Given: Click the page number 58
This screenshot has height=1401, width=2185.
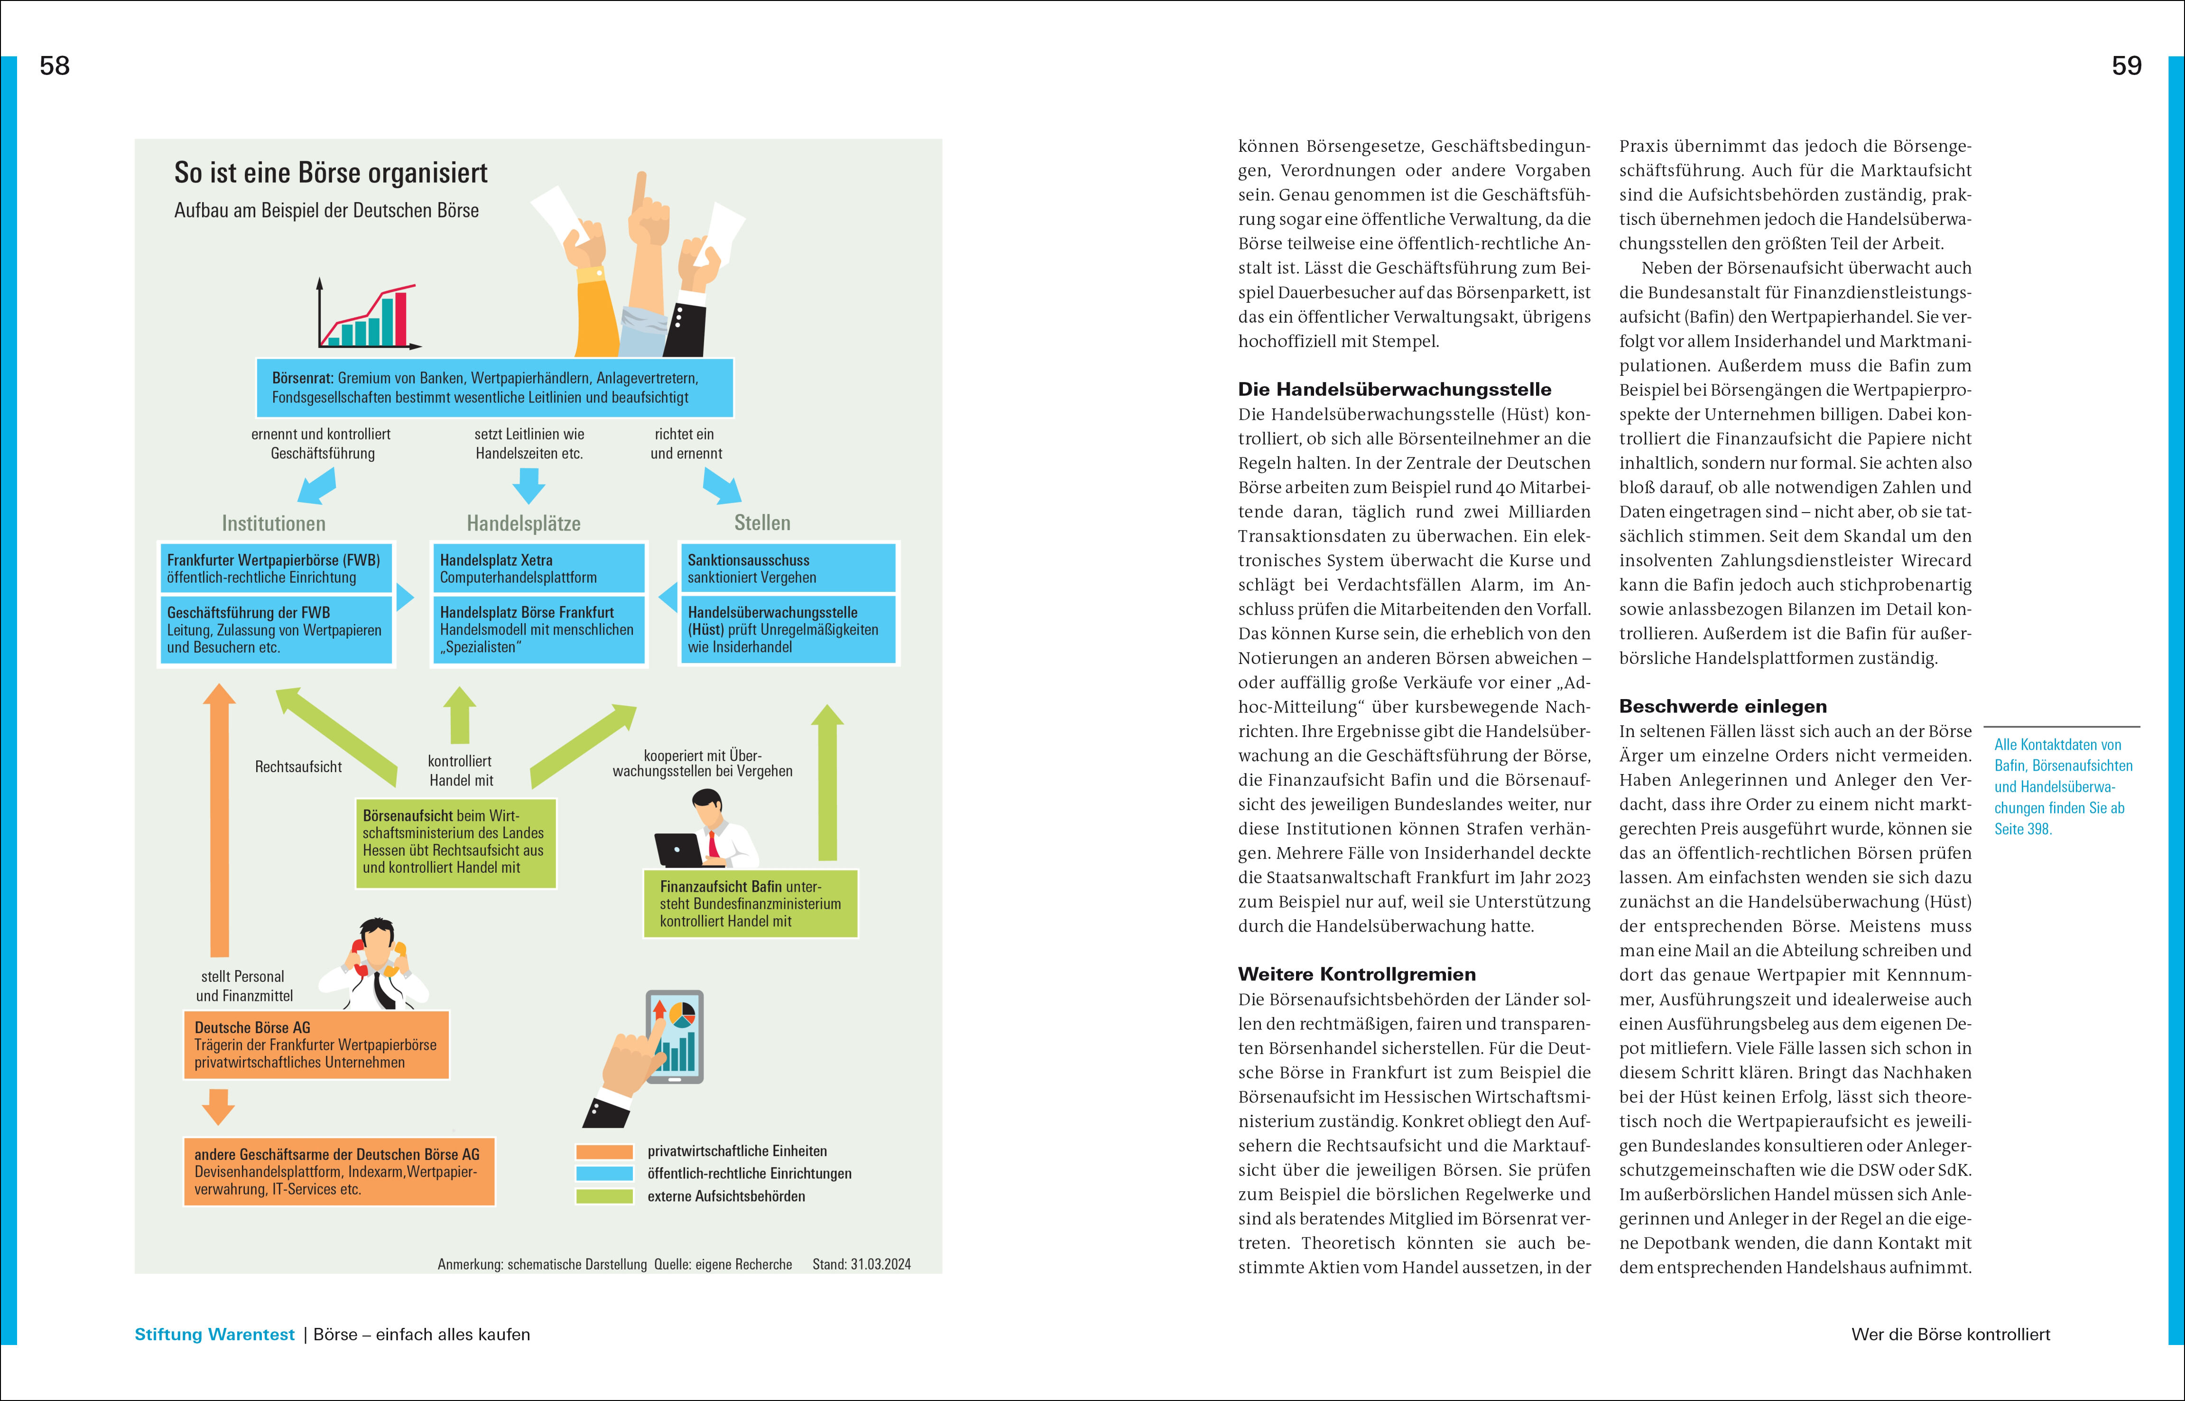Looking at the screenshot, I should tap(55, 65).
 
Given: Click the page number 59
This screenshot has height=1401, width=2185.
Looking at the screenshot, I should tap(2126, 65).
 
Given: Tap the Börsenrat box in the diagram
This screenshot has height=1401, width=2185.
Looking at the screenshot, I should tap(494, 388).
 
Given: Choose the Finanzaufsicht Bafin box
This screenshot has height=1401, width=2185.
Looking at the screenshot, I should tap(750, 903).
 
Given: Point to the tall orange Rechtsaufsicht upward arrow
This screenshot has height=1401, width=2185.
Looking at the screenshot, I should tap(219, 819).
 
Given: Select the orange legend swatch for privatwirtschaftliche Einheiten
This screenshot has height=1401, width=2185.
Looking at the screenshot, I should tap(604, 1151).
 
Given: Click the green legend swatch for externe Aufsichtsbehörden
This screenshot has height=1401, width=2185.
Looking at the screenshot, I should tap(604, 1196).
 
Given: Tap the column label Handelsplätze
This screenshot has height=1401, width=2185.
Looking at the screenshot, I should tap(524, 523).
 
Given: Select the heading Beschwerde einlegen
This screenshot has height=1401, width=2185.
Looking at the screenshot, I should tap(1722, 706).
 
